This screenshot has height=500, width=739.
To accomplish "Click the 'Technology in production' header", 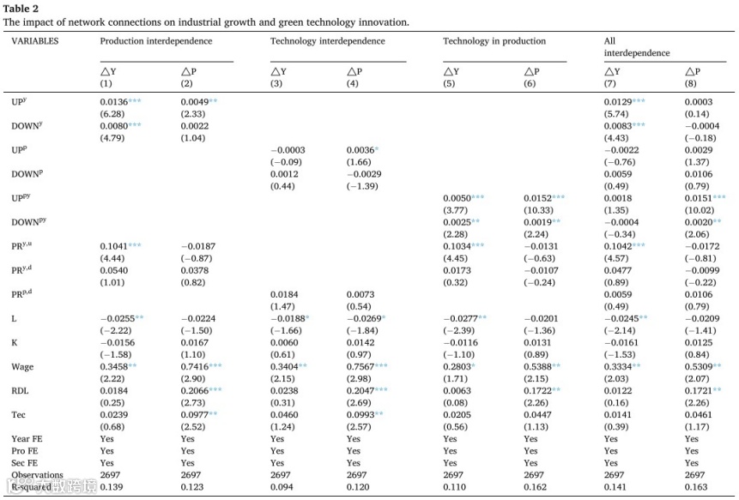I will click(494, 41).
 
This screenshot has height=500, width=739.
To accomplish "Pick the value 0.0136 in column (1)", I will click(113, 102).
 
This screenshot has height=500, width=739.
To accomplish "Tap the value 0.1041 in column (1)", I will click(113, 246).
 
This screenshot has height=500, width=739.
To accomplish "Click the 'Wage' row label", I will click(22, 366).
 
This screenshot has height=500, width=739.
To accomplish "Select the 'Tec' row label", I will click(19, 414).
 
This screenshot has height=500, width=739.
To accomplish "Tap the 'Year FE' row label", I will click(26, 438).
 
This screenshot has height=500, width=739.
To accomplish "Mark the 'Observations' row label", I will click(37, 475).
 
